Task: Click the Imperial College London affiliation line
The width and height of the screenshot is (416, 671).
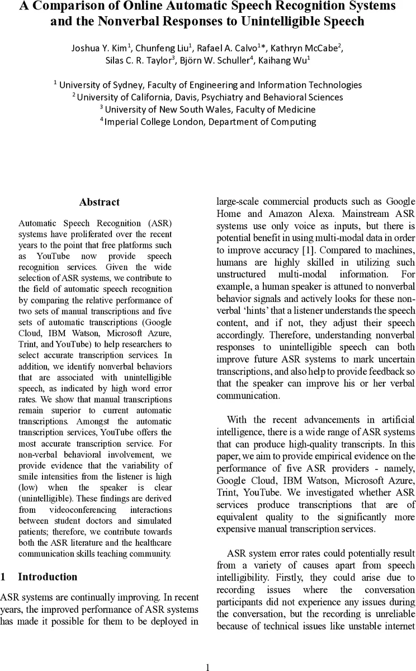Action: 207,121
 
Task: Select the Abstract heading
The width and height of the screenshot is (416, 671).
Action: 99,202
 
